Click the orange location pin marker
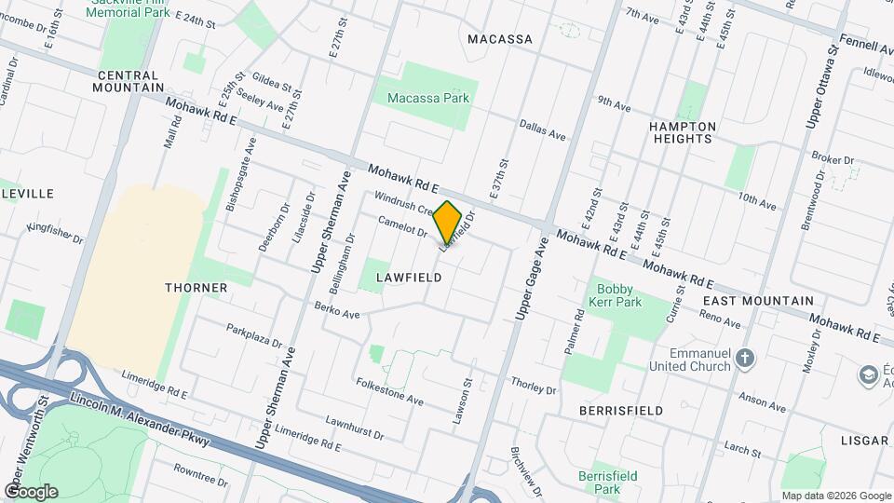pyautogui.click(x=448, y=222)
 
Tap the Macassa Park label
pyautogui.click(x=427, y=97)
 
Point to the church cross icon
pyautogui.click(x=744, y=357)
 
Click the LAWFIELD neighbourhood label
pyautogui.click(x=408, y=278)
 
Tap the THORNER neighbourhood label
pyautogui.click(x=196, y=288)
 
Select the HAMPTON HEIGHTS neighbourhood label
pyautogui.click(x=683, y=132)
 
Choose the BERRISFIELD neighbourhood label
pyautogui.click(x=620, y=411)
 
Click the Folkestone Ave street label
pyautogui.click(x=389, y=392)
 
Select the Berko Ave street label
pyautogui.click(x=336, y=310)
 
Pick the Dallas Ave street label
pyautogui.click(x=543, y=129)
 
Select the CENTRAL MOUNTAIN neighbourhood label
pyautogui.click(x=129, y=81)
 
